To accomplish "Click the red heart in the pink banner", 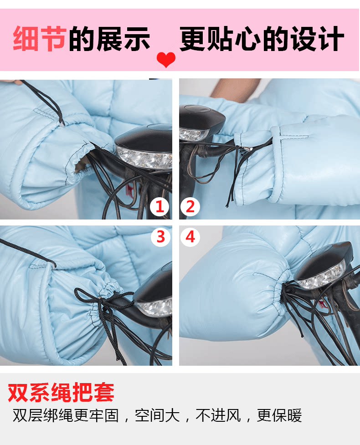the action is [166, 59].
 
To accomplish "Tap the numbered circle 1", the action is [160, 206].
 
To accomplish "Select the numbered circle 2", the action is [190, 206].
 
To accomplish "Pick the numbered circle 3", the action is [160, 236].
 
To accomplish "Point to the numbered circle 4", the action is [190, 236].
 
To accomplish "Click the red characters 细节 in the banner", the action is [40, 39].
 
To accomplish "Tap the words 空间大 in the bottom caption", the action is [157, 416].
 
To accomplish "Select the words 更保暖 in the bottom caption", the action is [279, 416].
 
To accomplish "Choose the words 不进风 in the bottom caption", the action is [218, 416].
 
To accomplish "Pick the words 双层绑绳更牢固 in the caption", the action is [66, 416].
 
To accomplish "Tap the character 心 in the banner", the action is [247, 39].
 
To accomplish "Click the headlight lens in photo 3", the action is [155, 308].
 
